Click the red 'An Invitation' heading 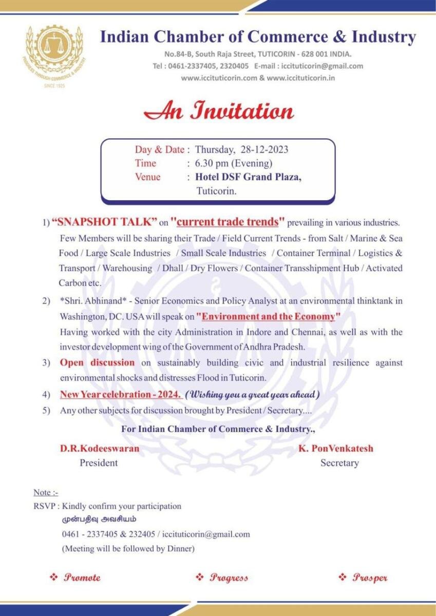tap(218, 111)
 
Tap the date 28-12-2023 tap(264, 150)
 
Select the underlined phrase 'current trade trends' tap(228, 222)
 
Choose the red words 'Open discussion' tap(97, 363)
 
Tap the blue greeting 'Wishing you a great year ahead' tap(252, 395)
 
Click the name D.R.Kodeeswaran tap(100, 448)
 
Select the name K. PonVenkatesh tap(336, 448)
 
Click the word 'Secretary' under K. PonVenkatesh tap(339, 463)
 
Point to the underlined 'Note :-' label tap(46, 492)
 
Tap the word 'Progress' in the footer tap(229, 577)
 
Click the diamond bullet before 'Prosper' tap(343, 577)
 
